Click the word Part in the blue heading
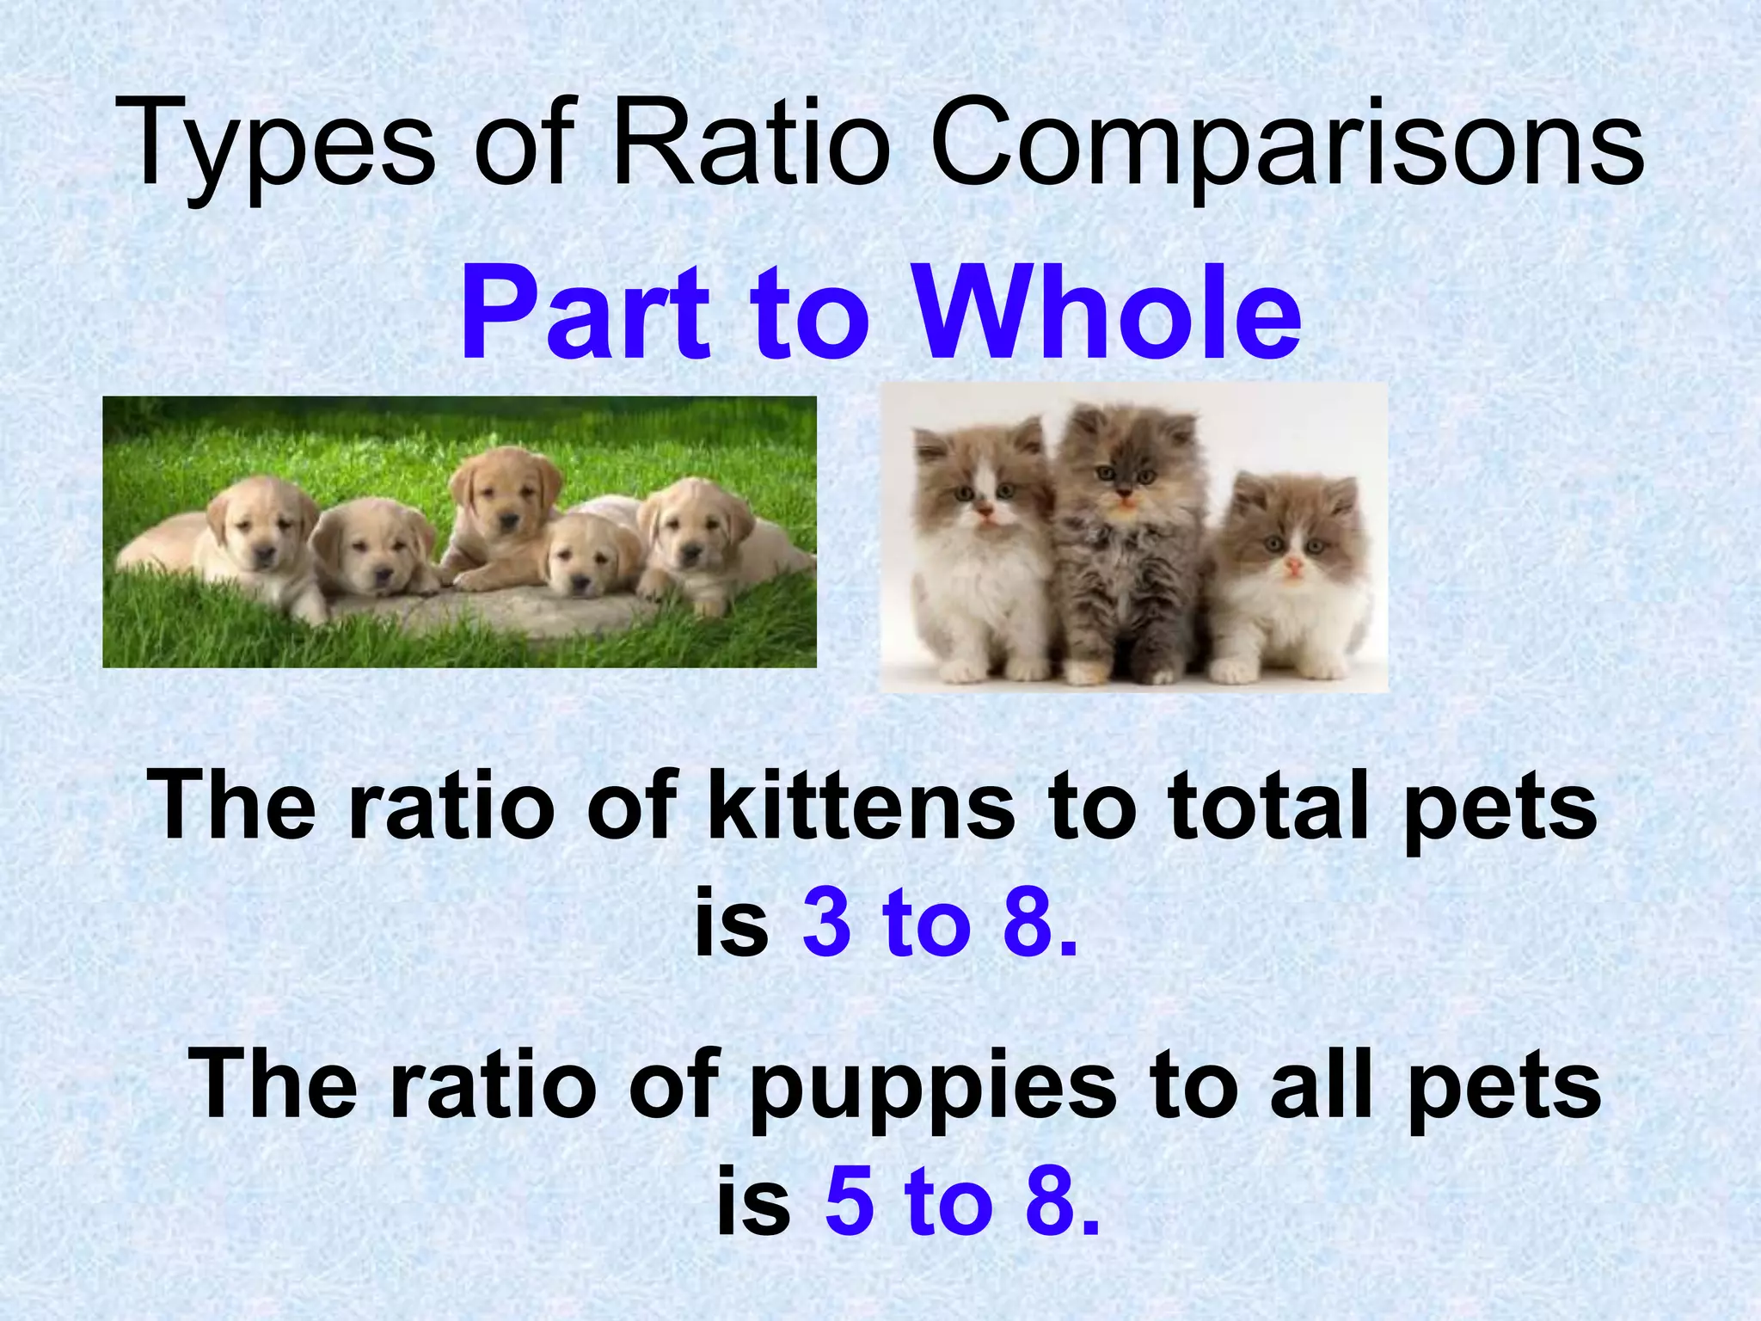(585, 314)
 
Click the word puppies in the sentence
(933, 1088)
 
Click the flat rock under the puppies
(499, 611)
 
